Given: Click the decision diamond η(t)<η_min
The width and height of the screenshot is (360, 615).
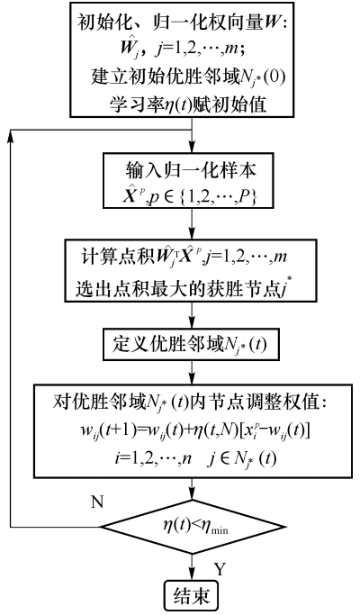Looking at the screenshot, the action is tap(193, 527).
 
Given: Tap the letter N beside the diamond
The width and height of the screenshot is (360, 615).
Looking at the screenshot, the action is tap(97, 502).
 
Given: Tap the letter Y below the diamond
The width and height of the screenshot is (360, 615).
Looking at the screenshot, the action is tap(220, 568).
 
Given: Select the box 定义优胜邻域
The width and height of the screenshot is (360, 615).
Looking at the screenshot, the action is tap(192, 345).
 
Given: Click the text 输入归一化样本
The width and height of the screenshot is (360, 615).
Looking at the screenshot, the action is tap(192, 171).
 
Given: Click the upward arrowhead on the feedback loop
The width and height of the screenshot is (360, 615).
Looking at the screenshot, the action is tap(10, 134).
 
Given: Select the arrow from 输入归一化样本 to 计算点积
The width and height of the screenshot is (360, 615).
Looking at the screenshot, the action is tap(193, 223).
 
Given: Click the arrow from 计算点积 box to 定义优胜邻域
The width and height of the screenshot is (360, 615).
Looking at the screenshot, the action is tap(193, 316).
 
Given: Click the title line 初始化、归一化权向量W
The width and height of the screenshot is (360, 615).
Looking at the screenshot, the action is tap(183, 23).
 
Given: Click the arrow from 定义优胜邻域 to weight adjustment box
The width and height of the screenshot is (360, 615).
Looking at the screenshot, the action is tap(193, 372).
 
